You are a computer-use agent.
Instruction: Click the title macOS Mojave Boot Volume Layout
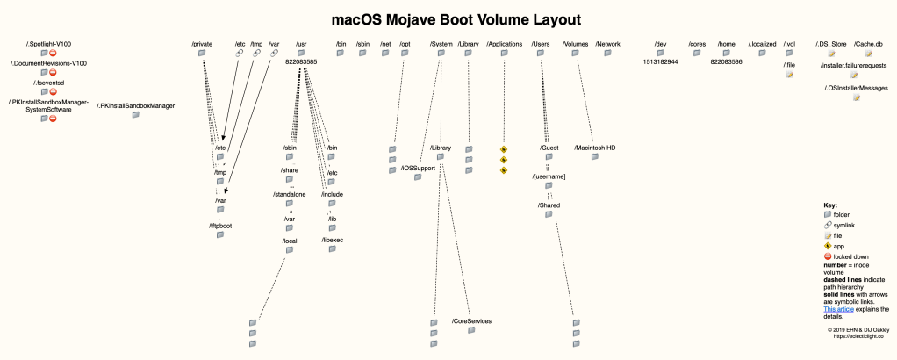click(x=448, y=18)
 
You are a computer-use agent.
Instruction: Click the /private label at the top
click(x=203, y=43)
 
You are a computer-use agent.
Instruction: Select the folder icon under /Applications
click(x=504, y=54)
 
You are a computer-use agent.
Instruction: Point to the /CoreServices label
click(x=472, y=321)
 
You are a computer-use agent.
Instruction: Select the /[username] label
click(x=549, y=176)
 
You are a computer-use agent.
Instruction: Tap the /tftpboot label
click(x=221, y=226)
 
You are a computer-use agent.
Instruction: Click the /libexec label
click(x=333, y=239)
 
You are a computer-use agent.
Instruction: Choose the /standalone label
click(x=290, y=193)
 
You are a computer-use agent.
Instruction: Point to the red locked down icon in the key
click(x=828, y=256)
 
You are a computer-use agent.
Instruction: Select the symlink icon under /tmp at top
click(x=256, y=54)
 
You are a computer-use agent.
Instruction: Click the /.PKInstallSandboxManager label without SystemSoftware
click(x=136, y=106)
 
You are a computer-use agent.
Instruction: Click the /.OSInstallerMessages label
click(x=856, y=88)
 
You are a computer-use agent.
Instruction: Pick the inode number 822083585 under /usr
click(x=301, y=62)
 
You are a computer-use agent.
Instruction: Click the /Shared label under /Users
click(x=549, y=205)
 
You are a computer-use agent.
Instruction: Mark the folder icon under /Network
click(x=607, y=54)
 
